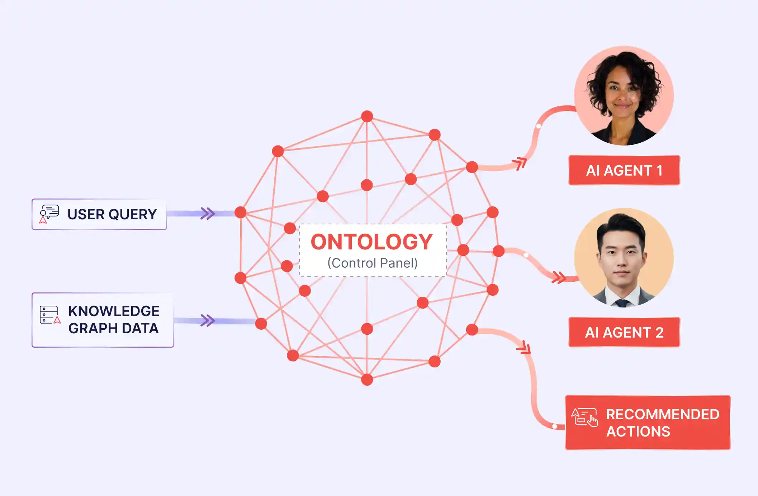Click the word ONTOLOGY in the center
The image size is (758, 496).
coord(371,242)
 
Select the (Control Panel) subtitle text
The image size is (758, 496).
coord(372,263)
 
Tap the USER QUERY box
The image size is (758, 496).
coord(99,214)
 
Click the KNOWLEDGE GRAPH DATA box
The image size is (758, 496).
coord(103,320)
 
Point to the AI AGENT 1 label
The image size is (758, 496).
coord(624,170)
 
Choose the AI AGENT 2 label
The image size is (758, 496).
coord(624,332)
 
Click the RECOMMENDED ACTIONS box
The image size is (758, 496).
coord(648,423)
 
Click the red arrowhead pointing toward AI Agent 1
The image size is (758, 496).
coord(520,163)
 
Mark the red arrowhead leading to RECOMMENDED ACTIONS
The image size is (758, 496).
coord(524,348)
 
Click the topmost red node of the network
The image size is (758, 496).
coord(367,116)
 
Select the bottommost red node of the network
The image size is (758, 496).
coord(367,379)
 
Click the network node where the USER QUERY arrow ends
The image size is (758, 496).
coord(240,212)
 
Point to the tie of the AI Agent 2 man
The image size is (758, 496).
coord(622,303)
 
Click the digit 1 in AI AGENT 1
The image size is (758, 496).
coord(659,171)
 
